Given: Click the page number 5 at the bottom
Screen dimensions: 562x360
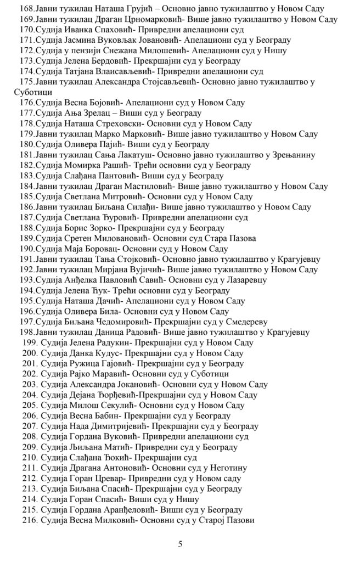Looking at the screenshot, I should click(180, 544).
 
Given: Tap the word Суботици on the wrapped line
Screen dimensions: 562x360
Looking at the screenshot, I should click(32, 92).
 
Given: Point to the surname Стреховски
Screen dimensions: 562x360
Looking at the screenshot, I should click(115, 123).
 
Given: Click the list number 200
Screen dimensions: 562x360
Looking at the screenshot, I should click(29, 353).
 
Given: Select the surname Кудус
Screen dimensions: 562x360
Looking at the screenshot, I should click(103, 353).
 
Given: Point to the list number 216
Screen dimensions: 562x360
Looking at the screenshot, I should click(29, 520).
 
